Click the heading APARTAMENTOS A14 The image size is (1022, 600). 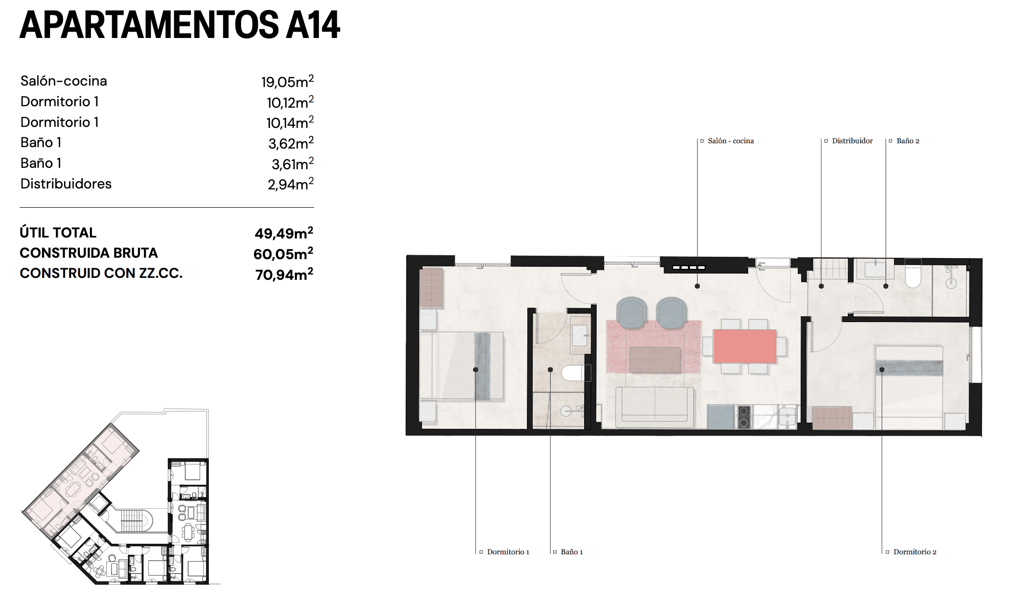point(179,25)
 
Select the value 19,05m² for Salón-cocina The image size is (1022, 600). point(287,81)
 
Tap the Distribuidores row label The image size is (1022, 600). point(66,184)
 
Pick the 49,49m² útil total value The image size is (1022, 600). point(284,233)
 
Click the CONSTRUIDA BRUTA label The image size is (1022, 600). point(89,253)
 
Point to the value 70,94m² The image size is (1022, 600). point(284,275)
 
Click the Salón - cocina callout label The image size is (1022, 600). point(730,141)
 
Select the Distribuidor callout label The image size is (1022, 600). point(852,141)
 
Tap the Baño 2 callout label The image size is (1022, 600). point(907,141)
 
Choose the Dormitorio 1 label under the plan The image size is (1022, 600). point(508,552)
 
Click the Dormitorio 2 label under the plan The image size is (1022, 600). point(915,552)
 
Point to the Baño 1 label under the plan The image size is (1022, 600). point(572,552)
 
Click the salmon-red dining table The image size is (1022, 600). point(744,346)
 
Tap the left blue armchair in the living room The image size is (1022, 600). point(631,312)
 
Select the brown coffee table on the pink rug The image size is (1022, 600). point(655,360)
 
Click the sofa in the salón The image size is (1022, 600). point(655,406)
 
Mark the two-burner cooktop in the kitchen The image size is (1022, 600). point(744,417)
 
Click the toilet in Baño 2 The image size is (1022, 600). point(913,274)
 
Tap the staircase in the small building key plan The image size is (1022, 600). point(131,521)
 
